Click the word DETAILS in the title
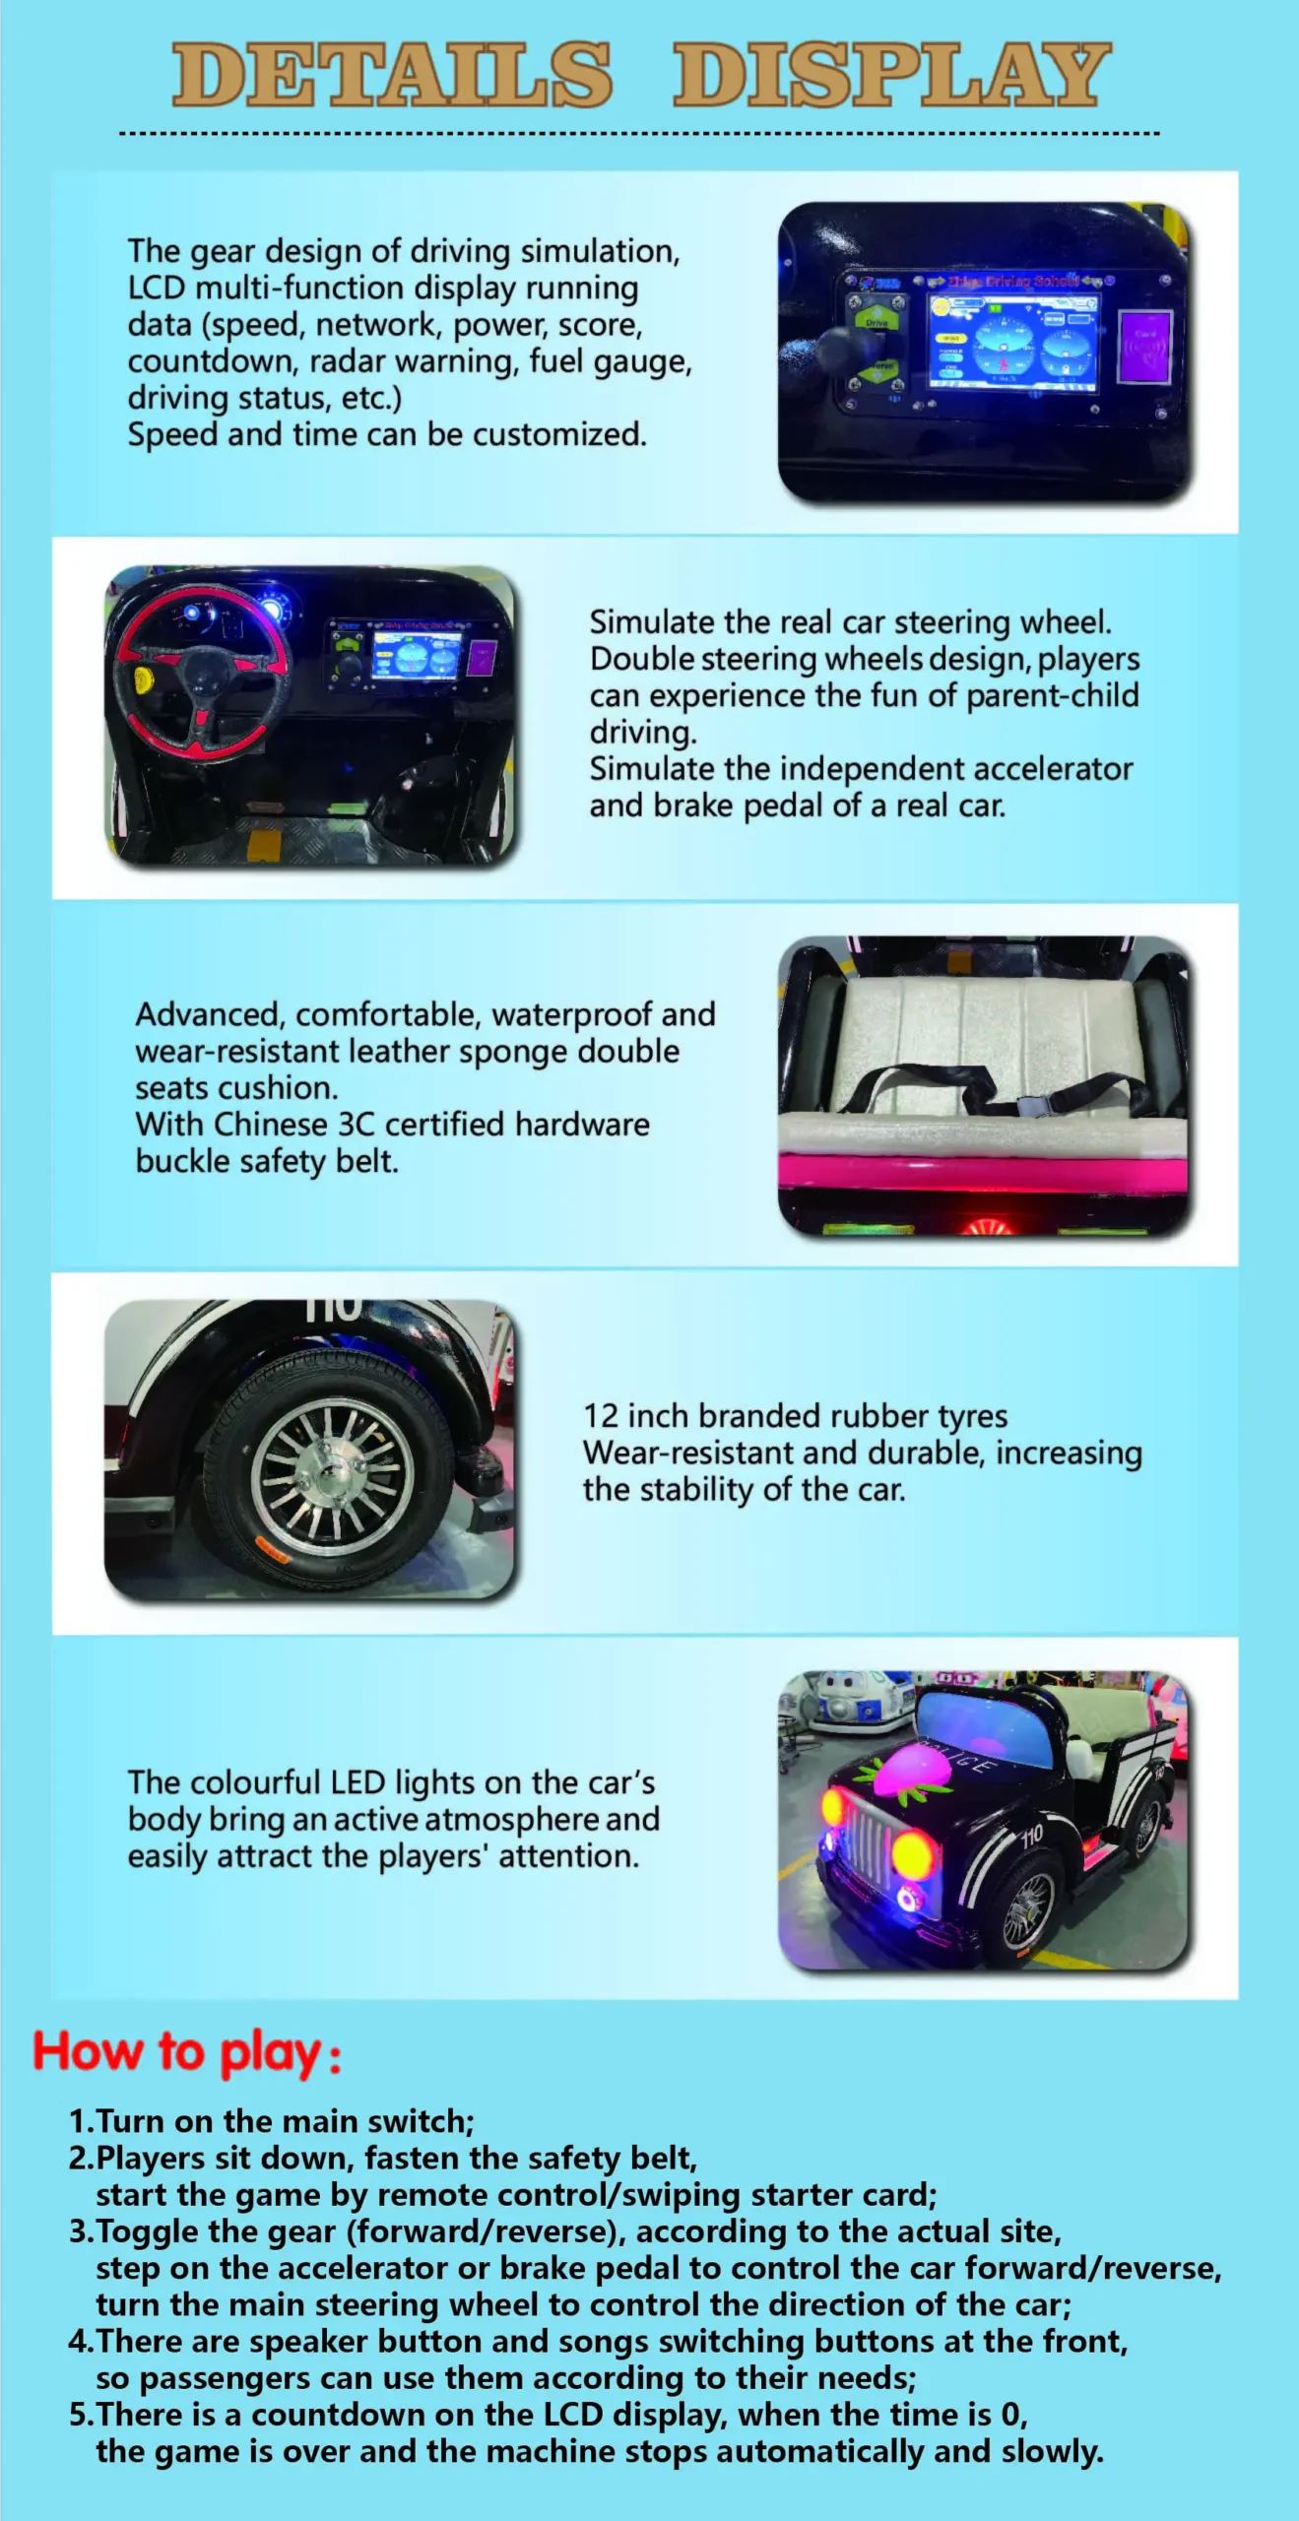[392, 75]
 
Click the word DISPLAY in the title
[892, 75]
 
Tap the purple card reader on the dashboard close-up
[1145, 347]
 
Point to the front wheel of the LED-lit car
[1028, 1907]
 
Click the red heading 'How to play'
[187, 2055]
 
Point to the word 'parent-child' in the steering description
[1052, 696]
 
